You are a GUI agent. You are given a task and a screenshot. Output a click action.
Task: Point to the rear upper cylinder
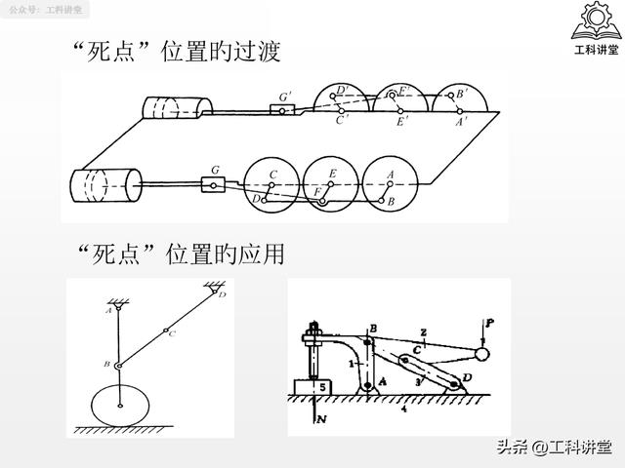pos(177,105)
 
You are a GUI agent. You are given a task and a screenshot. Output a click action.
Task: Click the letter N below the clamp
pos(319,421)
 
